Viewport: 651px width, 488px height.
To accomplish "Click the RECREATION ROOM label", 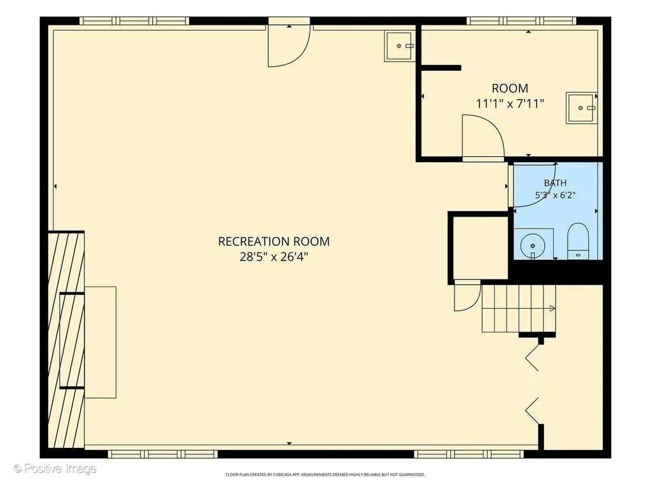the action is tap(273, 241).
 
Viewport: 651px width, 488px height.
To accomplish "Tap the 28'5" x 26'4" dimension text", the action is tap(274, 257).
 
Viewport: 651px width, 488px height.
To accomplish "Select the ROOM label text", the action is tap(510, 88).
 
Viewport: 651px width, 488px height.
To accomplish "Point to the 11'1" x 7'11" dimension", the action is tap(510, 104).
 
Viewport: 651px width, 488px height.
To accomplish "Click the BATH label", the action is tap(555, 183).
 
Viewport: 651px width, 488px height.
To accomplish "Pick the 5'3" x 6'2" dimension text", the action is tap(555, 195).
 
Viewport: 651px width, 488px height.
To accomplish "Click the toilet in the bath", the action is tap(578, 241).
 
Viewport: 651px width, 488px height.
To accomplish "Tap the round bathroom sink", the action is tap(533, 246).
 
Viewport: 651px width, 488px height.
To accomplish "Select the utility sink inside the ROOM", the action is tap(582, 108).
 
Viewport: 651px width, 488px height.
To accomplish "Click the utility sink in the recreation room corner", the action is tap(400, 46).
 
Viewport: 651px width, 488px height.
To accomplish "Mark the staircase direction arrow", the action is tap(552, 308).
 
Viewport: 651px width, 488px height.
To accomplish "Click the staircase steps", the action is tap(519, 308).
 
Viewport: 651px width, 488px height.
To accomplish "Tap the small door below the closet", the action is tap(467, 295).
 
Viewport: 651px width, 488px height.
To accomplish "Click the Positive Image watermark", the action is tap(55, 469).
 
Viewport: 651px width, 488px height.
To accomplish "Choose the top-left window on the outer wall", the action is tap(134, 21).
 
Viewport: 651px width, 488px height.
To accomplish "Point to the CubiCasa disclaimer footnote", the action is tap(325, 474).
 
